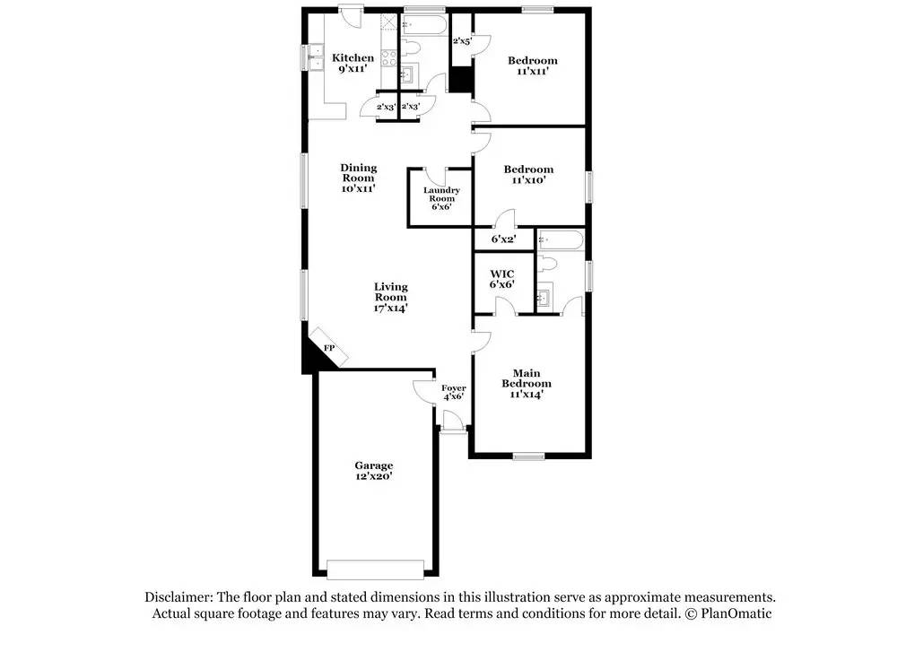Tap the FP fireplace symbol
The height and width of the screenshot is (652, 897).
click(329, 348)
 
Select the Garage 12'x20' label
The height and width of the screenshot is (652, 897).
click(373, 471)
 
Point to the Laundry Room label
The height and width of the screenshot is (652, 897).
click(441, 198)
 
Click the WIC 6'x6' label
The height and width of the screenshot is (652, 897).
click(501, 278)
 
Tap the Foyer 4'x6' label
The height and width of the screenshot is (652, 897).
click(453, 392)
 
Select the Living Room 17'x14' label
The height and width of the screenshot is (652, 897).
click(390, 297)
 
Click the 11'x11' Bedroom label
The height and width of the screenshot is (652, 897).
click(532, 65)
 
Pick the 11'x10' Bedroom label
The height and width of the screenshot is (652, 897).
click(528, 174)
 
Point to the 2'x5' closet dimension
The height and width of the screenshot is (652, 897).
click(462, 41)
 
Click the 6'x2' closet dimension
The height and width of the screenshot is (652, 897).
click(503, 239)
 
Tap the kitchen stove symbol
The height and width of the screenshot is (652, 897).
click(389, 57)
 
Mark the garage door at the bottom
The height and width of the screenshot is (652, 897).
click(375, 569)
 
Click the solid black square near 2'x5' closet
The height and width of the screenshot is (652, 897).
click(461, 80)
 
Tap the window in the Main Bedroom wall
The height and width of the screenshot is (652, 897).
click(529, 456)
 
